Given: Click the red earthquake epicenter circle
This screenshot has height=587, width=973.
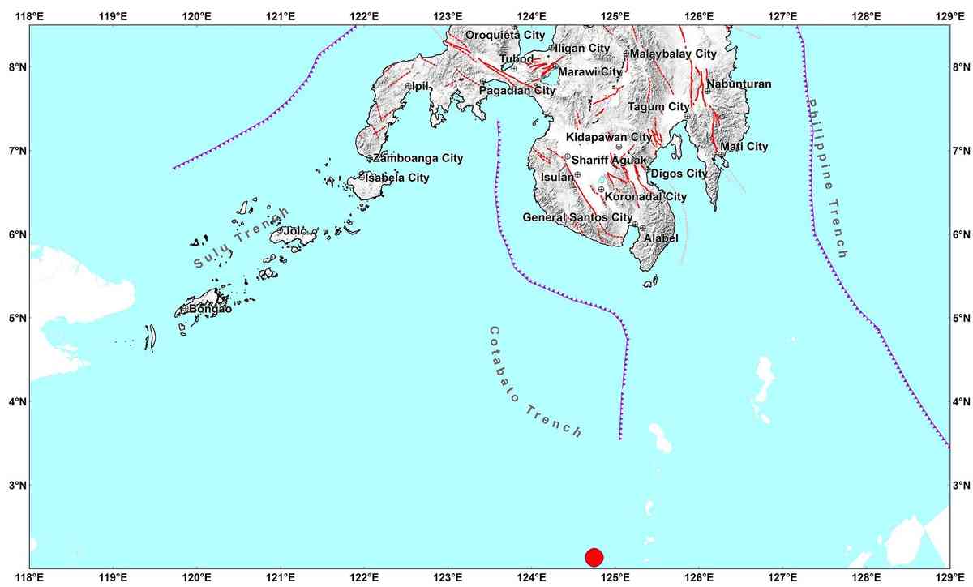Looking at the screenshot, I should pos(594,557).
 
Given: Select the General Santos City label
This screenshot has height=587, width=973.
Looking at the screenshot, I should pos(577,217).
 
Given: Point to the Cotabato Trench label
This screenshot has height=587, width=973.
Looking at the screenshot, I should pos(535,382).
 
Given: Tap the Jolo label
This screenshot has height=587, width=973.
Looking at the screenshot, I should pos(295,231).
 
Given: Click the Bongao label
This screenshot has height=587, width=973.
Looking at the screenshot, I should pos(210,309).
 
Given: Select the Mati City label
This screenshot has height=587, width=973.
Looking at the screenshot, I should pos(744,147).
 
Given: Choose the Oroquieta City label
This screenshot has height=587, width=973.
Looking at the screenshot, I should pos(505,35).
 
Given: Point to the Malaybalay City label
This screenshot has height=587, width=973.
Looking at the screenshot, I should pos(673,54).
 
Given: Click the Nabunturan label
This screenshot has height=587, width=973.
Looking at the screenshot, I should pos(739,84).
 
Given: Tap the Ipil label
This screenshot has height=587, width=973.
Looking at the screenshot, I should pos(420,86).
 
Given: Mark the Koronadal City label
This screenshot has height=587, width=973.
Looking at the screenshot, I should pos(645,196).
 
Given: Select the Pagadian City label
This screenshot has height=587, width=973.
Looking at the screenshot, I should pos(517,91).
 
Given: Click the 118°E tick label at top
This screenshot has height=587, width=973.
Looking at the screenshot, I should pos(29,15).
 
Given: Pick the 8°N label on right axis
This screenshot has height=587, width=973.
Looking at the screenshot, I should pos(960,67).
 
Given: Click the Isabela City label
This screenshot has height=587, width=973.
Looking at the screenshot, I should pos(397,178).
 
